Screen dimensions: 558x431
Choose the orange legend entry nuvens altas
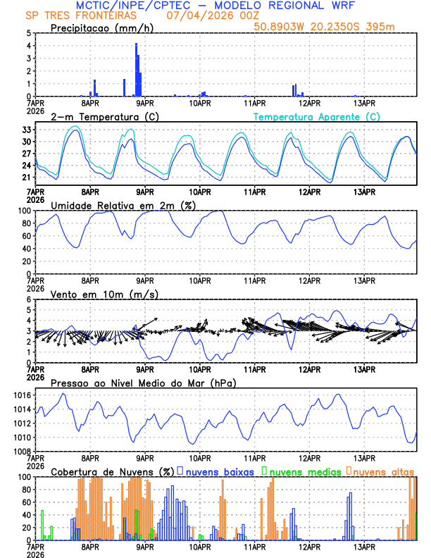tap(384, 471)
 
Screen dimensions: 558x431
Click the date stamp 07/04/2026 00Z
tap(204, 15)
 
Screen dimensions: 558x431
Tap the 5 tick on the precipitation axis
tap(27, 33)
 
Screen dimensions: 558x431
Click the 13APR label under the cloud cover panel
tap(364, 547)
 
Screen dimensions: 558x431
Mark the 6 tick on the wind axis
tap(27, 300)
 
